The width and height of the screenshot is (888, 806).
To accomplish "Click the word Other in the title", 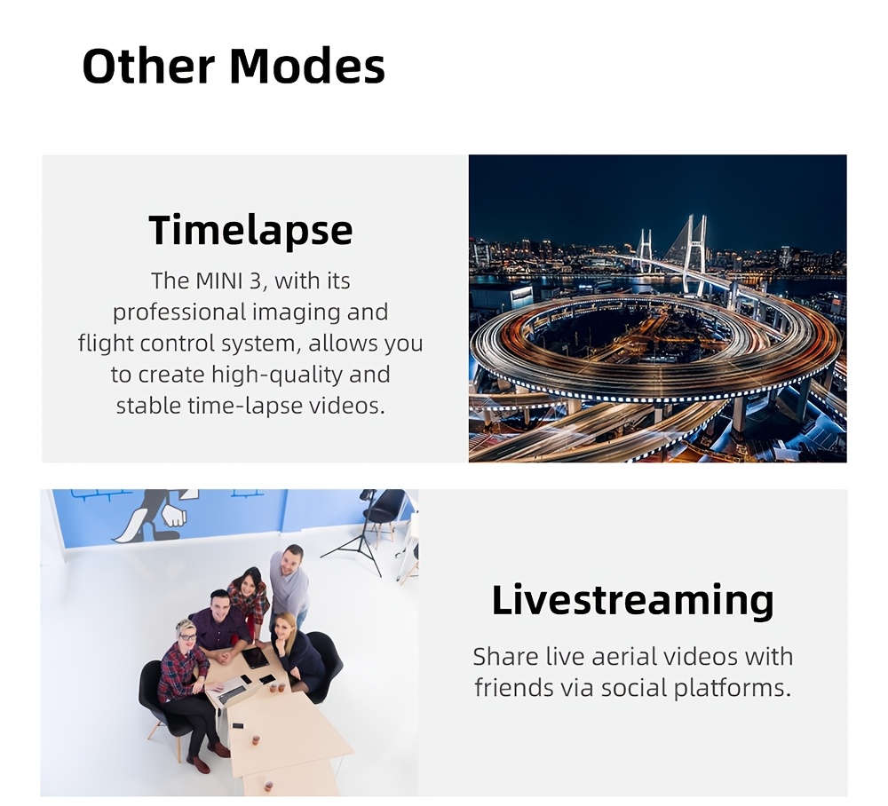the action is [149, 66].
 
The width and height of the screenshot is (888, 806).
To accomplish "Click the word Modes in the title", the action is [307, 66].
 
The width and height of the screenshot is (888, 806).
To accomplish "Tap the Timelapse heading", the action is [250, 231].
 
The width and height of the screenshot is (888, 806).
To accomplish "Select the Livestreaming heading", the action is [632, 600].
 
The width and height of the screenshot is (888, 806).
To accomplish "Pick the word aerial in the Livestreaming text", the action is [624, 657].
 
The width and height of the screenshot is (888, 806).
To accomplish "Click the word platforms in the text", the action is [732, 689].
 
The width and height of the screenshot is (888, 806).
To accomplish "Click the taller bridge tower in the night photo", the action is [694, 257].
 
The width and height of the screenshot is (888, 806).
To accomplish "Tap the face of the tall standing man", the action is [291, 560].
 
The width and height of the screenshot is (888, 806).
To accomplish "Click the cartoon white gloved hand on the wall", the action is [173, 516].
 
